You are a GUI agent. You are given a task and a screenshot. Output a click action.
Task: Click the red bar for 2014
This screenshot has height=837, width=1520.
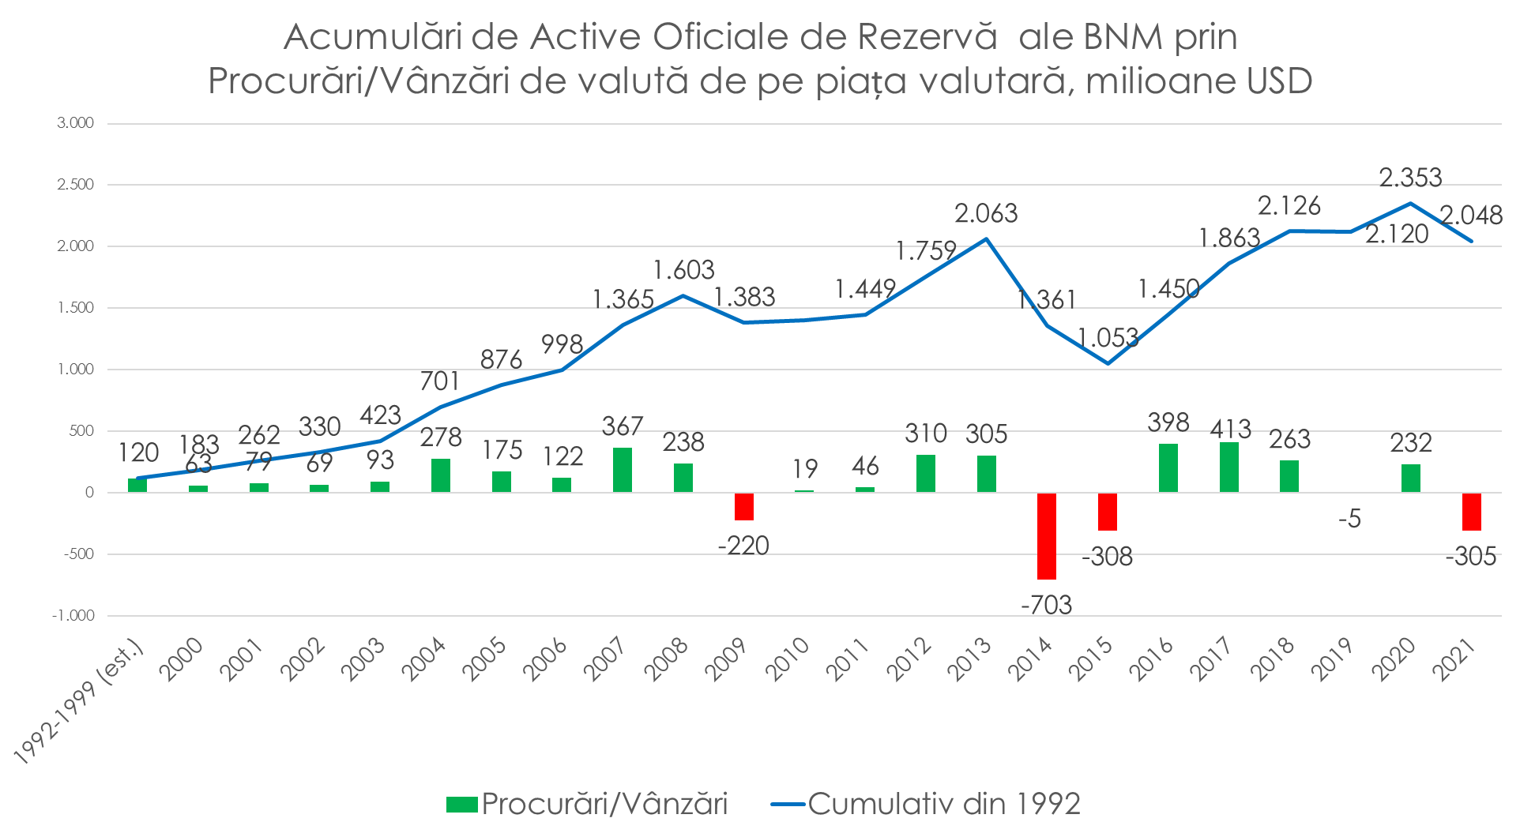1047,535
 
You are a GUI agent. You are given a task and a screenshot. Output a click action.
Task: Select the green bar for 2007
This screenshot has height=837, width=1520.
623,470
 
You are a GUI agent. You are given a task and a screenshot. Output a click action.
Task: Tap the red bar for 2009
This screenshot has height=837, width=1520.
744,506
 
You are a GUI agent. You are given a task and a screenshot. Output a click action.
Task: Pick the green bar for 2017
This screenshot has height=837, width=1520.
1228,467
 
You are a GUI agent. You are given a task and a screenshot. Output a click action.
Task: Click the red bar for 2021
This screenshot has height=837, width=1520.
1471,511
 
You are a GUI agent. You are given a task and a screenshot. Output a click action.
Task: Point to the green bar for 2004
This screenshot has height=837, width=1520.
441,475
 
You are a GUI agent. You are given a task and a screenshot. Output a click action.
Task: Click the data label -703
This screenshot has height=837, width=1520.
1047,605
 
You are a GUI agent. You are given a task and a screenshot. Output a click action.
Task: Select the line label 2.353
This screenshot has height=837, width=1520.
1410,177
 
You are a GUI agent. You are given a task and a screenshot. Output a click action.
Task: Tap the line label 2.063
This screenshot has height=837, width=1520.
986,213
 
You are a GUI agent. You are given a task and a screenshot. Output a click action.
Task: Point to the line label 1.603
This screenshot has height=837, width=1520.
683,270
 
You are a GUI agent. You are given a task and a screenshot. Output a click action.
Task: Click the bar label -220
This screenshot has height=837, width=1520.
743,545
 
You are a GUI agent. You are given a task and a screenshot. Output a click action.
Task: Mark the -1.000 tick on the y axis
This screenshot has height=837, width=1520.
73,616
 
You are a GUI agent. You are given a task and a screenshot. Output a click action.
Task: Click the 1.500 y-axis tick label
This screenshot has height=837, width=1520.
75,308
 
